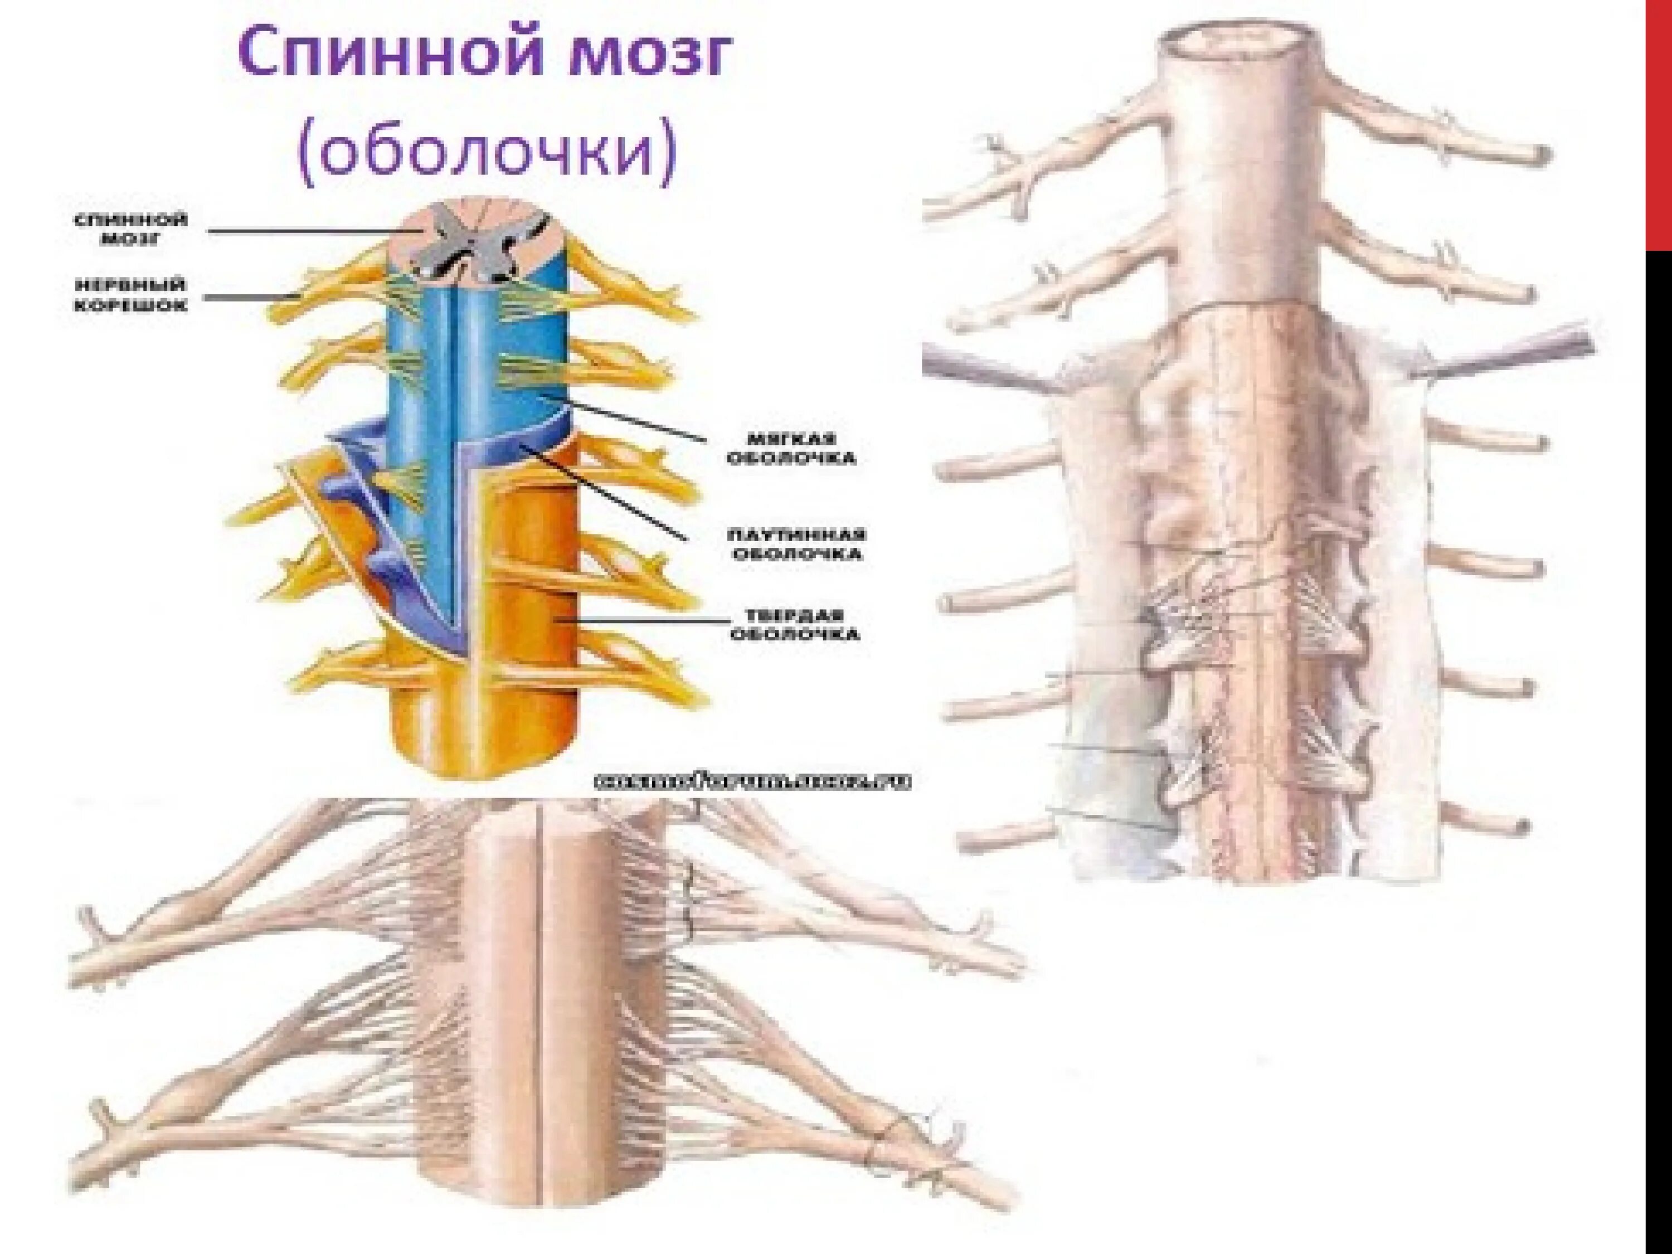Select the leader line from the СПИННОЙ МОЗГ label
coord(302,231)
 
